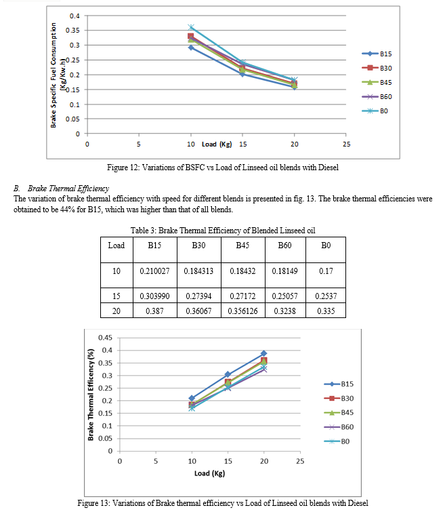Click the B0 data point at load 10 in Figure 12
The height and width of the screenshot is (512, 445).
click(191, 27)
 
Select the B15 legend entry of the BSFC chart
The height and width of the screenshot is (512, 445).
click(377, 54)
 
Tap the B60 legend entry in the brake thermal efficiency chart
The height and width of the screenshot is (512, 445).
click(339, 427)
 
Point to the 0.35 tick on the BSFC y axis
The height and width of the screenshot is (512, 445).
click(72, 31)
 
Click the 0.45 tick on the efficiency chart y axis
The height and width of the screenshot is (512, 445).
click(105, 338)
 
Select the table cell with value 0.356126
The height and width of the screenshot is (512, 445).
click(242, 311)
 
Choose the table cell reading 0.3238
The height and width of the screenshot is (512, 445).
click(284, 311)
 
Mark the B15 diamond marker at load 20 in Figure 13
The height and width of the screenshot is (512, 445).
click(264, 353)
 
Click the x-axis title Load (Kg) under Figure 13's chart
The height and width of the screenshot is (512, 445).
click(209, 473)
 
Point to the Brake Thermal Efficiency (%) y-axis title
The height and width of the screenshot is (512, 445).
click(91, 395)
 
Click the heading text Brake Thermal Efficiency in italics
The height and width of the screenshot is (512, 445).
click(68, 189)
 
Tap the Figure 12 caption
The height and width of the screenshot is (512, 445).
click(223, 168)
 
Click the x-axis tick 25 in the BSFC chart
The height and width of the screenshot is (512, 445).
click(347, 144)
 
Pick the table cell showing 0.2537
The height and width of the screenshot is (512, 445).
click(326, 296)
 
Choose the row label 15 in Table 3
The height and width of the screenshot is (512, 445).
click(116, 296)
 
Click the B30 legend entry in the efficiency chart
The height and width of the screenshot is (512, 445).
click(339, 398)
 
